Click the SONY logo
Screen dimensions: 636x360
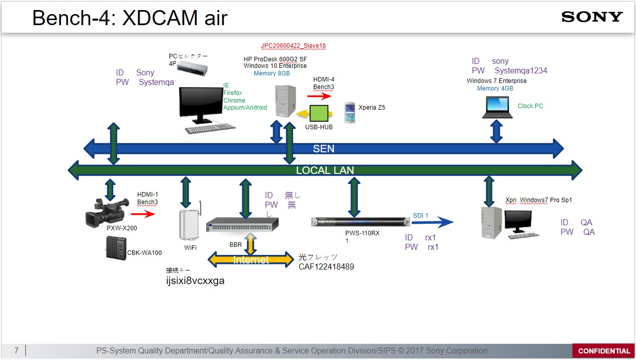pos(592,17)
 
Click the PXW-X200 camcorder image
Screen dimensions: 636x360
pos(107,212)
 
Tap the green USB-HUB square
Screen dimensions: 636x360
pos(319,113)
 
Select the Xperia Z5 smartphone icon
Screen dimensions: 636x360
pos(350,113)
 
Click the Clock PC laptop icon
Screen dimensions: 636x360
pos(497,107)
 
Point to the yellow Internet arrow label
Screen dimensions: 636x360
pos(251,260)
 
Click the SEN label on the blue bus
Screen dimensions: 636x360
pos(323,148)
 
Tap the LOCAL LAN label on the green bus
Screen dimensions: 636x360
pos(325,170)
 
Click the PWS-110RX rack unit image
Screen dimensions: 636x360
pos(360,222)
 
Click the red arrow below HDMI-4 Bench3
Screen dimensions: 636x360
pos(319,96)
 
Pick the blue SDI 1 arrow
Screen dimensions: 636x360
pos(432,222)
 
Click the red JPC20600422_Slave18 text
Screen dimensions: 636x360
pos(293,46)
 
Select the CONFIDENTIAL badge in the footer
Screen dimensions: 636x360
pos(604,351)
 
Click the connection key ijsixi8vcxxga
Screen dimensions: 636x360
pos(196,281)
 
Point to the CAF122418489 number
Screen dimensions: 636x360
pos(326,266)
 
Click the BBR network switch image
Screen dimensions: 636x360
pos(242,225)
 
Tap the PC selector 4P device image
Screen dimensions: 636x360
pos(192,68)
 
